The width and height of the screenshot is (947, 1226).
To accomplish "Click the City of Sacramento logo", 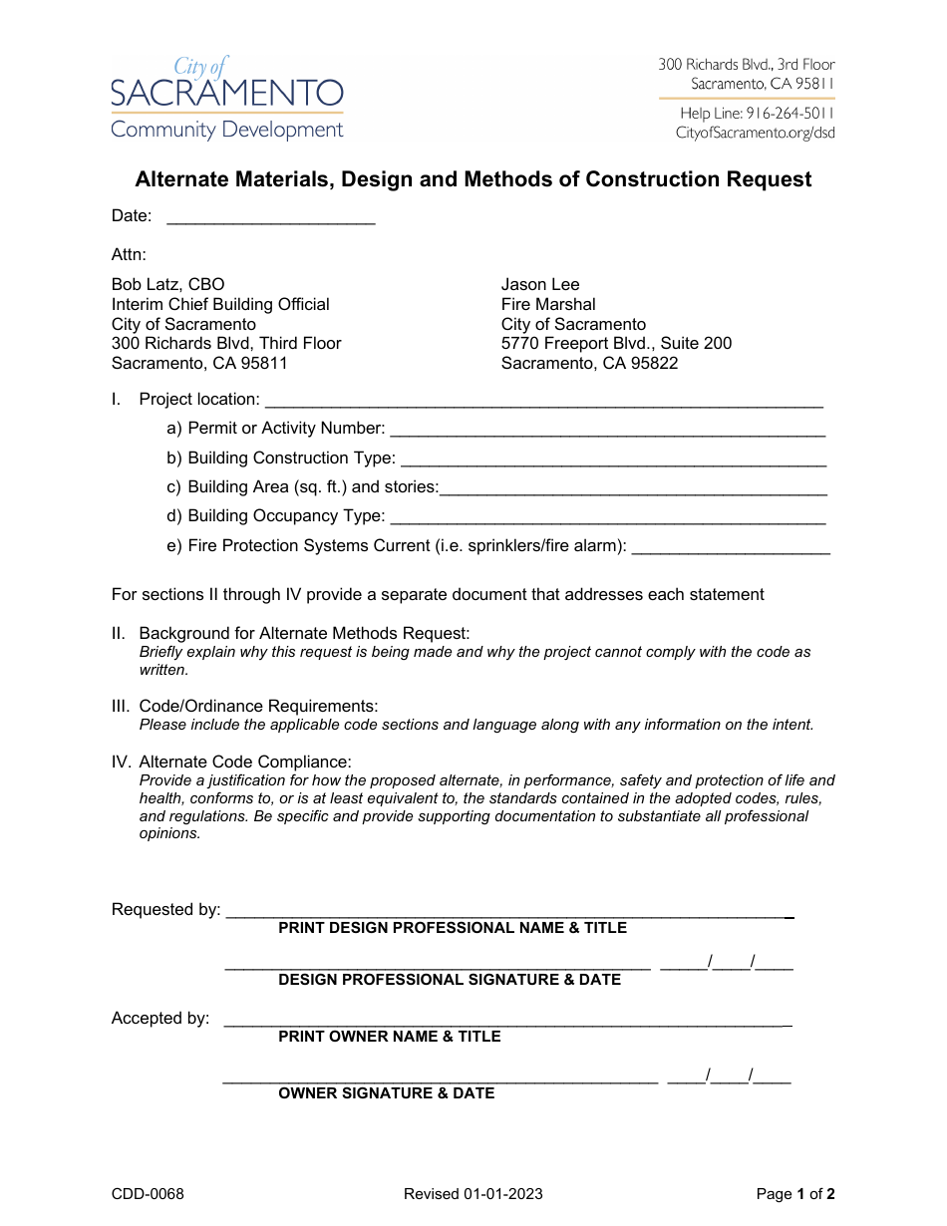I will pyautogui.click(x=226, y=98).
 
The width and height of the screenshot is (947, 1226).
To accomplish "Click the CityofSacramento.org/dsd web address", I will pyautogui.click(x=755, y=133).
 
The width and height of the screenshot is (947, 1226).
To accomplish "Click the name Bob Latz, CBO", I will pyautogui.click(x=167, y=284).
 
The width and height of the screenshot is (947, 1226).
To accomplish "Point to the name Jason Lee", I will pyautogui.click(x=539, y=284).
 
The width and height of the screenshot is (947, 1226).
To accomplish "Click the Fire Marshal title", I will pyautogui.click(x=548, y=304).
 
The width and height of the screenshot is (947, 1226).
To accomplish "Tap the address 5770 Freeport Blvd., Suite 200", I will pyautogui.click(x=616, y=343).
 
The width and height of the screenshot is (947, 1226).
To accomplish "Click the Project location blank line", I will pyautogui.click(x=543, y=404).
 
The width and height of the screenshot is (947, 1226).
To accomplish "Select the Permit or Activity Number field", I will pyautogui.click(x=607, y=433).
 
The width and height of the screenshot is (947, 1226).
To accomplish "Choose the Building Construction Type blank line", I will pyautogui.click(x=612, y=462).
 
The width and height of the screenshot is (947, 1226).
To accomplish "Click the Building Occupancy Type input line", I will pyautogui.click(x=607, y=520).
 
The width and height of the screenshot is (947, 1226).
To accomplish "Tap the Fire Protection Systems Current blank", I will pyautogui.click(x=731, y=550).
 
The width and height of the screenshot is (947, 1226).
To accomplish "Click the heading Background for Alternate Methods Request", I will pyautogui.click(x=304, y=633).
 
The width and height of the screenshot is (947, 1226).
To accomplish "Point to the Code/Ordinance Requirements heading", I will pyautogui.click(x=258, y=706).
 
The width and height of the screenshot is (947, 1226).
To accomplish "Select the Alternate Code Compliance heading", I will pyautogui.click(x=245, y=762).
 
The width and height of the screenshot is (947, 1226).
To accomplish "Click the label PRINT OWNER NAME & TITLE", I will pyautogui.click(x=389, y=1037).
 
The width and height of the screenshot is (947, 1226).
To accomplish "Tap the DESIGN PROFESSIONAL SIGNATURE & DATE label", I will pyautogui.click(x=449, y=980).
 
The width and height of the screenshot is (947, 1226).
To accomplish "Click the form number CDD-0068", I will pyautogui.click(x=148, y=1194).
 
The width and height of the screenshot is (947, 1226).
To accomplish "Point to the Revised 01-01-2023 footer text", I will pyautogui.click(x=473, y=1194).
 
